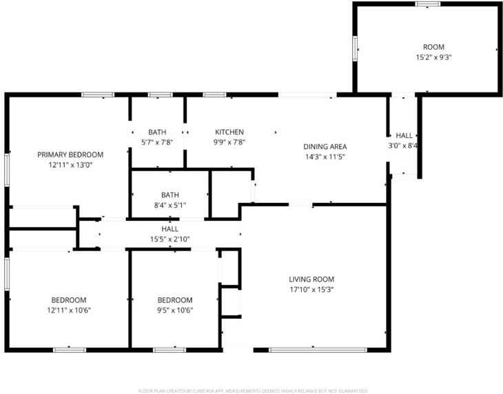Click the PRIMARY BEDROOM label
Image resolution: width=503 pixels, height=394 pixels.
(70, 155)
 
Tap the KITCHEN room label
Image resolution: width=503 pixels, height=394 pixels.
(229, 132)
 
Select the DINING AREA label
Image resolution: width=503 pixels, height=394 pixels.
(325, 146)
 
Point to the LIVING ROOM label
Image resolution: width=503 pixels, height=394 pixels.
(311, 279)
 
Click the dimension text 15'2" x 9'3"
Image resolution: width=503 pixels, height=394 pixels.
(433, 57)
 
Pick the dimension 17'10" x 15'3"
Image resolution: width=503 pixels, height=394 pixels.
(311, 290)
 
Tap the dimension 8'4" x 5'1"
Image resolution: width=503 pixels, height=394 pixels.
(170, 205)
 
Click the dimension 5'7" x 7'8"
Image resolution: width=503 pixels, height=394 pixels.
(157, 142)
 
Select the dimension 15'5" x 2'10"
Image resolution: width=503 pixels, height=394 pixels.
(170, 239)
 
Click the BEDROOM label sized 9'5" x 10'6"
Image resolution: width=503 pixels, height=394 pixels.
(175, 300)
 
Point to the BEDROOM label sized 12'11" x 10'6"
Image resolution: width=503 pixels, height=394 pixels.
(69, 300)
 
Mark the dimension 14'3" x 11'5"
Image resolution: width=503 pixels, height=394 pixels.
(325, 157)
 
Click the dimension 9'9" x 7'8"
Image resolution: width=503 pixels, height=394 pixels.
(229, 142)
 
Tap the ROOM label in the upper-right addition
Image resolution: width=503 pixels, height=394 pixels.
(433, 47)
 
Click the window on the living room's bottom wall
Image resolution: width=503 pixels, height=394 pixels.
(308, 350)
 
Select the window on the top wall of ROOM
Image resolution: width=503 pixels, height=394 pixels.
(428, 4)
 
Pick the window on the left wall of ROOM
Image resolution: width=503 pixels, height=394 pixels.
(356, 48)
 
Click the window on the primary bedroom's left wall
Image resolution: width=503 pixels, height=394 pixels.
(7, 169)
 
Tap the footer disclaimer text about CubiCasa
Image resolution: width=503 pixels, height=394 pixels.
(253, 390)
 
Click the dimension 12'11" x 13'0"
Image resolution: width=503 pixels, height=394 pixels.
(70, 165)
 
